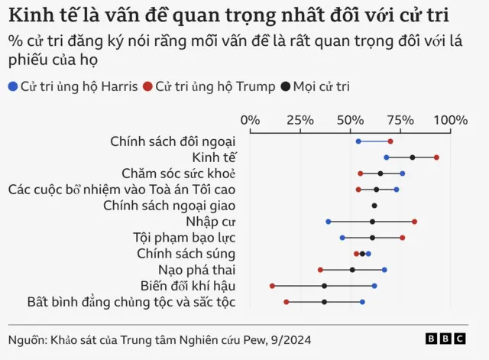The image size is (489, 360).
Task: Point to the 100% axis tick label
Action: [x=451, y=120]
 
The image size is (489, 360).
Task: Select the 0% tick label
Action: [x=250, y=120]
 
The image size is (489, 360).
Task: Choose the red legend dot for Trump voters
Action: [x=147, y=86]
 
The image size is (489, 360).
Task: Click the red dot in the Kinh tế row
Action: [x=436, y=157]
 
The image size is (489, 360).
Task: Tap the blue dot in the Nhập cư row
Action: [x=329, y=222]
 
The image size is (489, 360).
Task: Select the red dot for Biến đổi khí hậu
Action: [x=272, y=286]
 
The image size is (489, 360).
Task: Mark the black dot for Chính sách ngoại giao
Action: [x=374, y=206]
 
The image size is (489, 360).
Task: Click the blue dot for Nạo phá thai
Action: [x=384, y=270]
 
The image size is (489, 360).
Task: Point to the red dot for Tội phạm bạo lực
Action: [x=403, y=238]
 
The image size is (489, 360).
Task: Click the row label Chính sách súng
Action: [x=186, y=254]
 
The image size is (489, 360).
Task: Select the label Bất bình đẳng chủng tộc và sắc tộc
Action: [x=131, y=302]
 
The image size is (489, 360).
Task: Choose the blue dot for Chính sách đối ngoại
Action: [x=358, y=141]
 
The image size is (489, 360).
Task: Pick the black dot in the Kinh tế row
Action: [x=413, y=157]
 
